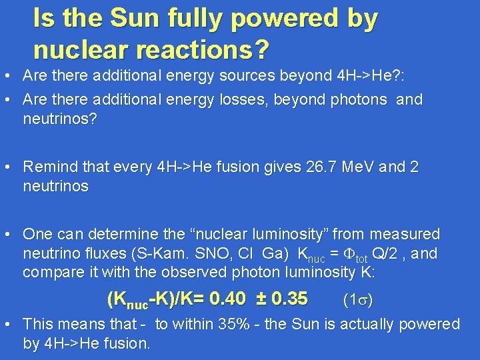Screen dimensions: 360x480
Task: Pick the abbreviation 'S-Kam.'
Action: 157,253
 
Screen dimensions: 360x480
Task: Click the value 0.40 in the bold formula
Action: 227,299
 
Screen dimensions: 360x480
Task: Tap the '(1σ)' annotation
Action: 357,301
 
